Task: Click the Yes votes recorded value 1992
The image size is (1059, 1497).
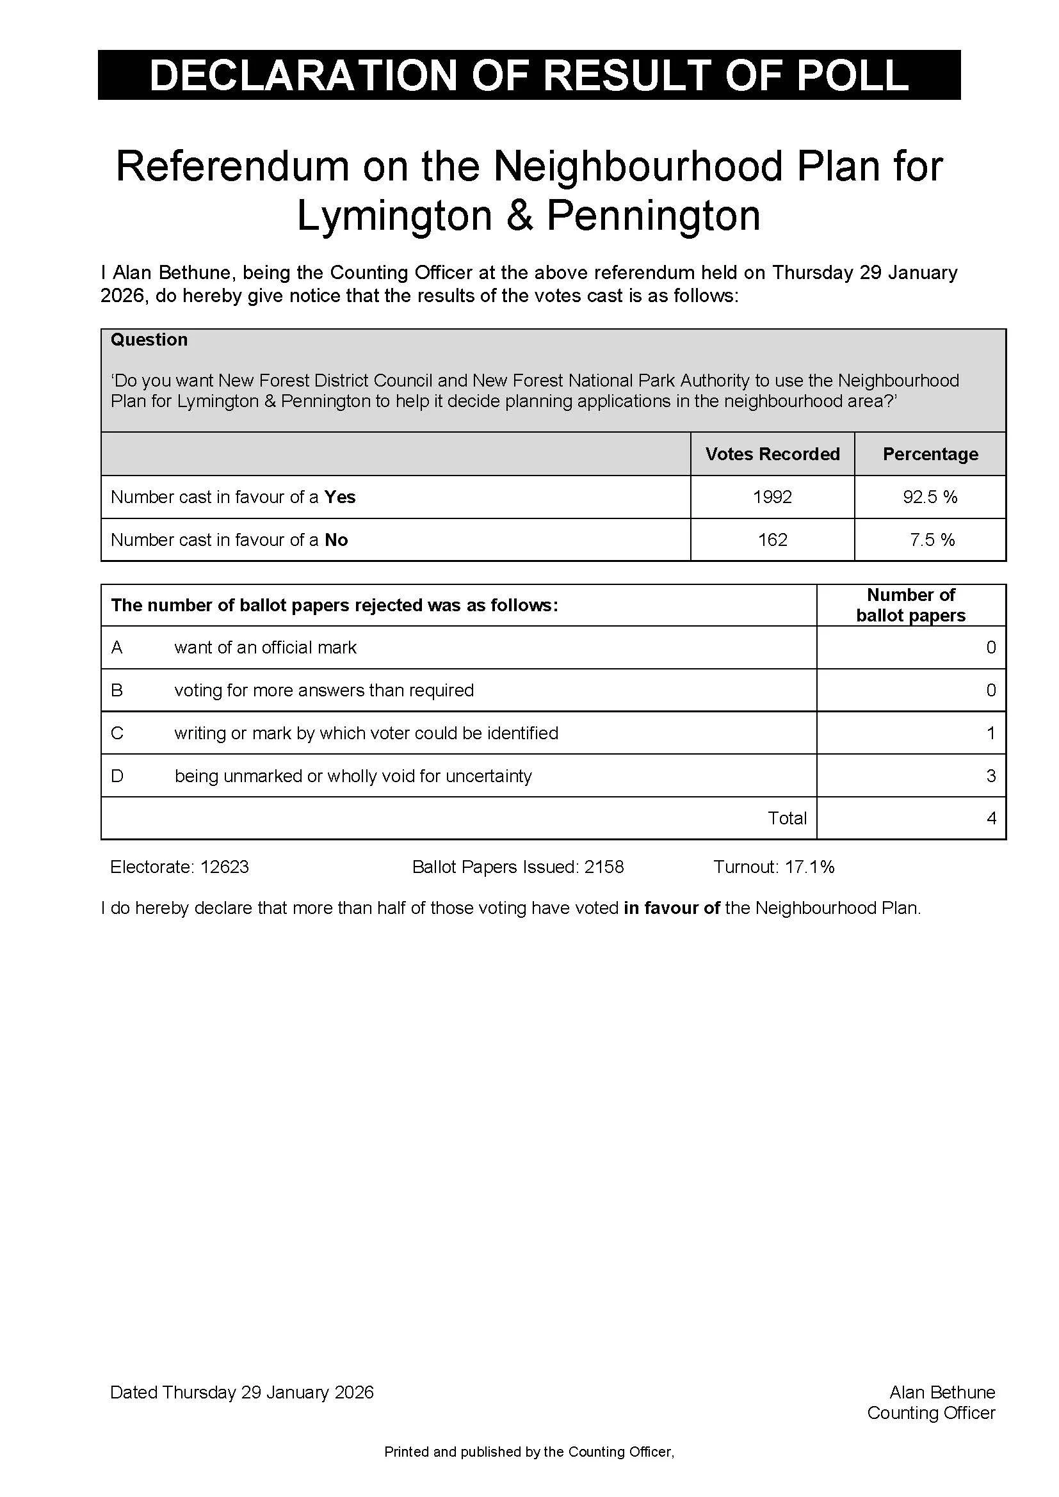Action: point(772,497)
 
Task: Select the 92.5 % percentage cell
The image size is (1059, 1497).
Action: point(930,497)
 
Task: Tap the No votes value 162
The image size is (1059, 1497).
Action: point(773,540)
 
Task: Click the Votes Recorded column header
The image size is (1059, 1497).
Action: point(772,454)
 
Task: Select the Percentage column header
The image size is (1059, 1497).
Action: point(930,454)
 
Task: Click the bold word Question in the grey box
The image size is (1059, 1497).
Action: point(149,340)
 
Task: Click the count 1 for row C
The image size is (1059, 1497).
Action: point(990,733)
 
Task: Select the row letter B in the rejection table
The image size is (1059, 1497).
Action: point(117,690)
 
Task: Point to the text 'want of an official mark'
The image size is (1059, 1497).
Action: point(265,648)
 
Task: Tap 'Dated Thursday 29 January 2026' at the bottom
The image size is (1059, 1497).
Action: point(242,1392)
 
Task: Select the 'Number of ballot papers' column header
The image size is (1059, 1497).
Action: point(910,605)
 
